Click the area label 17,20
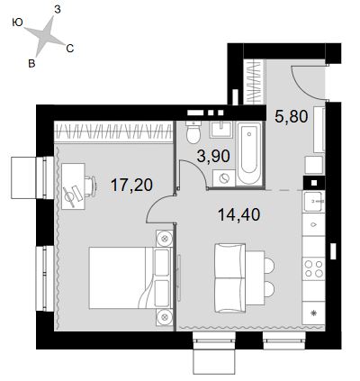click(x=131, y=185)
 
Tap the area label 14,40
click(x=238, y=214)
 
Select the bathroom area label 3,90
click(x=213, y=156)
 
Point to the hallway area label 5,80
click(x=292, y=116)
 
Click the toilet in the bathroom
click(x=193, y=132)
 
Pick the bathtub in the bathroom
click(x=248, y=153)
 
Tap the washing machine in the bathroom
click(x=224, y=178)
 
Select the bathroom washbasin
click(x=220, y=130)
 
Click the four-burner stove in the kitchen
click(x=313, y=268)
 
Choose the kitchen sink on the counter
click(x=313, y=202)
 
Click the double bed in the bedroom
click(x=130, y=277)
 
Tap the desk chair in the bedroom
click(x=90, y=186)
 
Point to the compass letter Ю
click(x=18, y=23)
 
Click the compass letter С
click(x=70, y=48)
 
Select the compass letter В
click(x=31, y=63)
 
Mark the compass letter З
click(x=58, y=10)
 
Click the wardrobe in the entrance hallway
click(x=254, y=82)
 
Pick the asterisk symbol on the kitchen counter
click(x=313, y=313)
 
